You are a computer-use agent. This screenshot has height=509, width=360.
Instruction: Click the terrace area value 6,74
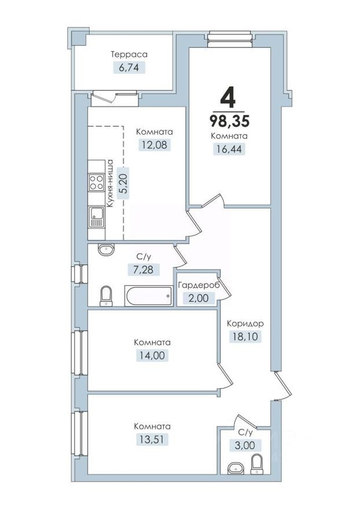pyautogui.click(x=130, y=67)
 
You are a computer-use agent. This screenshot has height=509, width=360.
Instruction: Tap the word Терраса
pyautogui.click(x=130, y=54)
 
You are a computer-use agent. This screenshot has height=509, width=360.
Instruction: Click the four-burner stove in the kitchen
pyautogui.click(x=95, y=183)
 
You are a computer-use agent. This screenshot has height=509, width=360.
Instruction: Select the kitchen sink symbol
pyautogui.click(x=95, y=219)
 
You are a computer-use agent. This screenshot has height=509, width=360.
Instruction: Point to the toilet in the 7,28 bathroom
pyautogui.click(x=106, y=296)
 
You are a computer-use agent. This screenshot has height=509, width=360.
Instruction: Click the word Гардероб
pyautogui.click(x=197, y=286)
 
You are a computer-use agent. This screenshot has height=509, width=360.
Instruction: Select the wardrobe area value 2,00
pyautogui.click(x=197, y=298)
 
